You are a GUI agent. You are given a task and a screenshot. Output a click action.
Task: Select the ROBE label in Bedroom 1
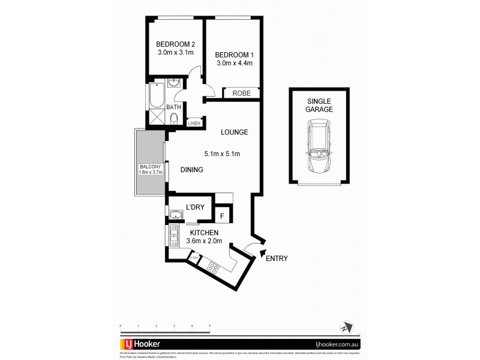(x=241, y=94)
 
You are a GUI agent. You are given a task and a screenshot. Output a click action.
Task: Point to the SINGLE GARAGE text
(x=319, y=105)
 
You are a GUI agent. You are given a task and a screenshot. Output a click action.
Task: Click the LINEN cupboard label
(x=193, y=123)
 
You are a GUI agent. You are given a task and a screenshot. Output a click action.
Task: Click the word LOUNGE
(x=234, y=132)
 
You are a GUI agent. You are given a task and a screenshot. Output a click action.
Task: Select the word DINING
(x=190, y=170)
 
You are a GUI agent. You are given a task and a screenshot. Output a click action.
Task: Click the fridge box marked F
(x=222, y=215)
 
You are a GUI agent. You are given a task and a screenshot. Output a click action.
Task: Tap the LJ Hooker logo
(x=143, y=344)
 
